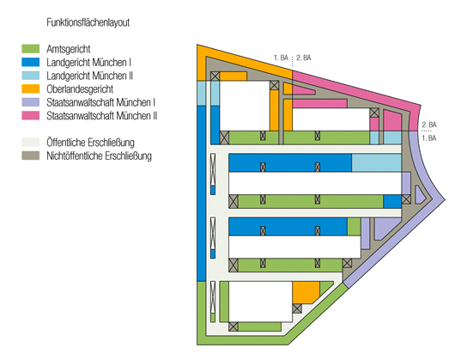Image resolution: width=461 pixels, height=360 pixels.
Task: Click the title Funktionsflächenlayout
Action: pyautogui.click(x=88, y=22)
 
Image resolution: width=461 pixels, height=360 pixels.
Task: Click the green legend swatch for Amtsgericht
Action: pyautogui.click(x=31, y=49)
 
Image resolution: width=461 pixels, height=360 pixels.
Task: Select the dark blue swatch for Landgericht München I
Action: pyautogui.click(x=31, y=62)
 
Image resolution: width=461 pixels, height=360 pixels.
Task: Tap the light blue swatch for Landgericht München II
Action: pyautogui.click(x=31, y=76)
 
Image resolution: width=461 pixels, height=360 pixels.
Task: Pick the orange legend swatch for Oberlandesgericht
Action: pyautogui.click(x=31, y=88)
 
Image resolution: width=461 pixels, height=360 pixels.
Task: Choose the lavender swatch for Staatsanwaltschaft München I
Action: pyautogui.click(x=31, y=102)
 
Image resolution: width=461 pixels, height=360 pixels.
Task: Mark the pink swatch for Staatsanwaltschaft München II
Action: pyautogui.click(x=31, y=116)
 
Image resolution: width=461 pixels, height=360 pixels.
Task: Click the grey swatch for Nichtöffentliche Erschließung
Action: pyautogui.click(x=31, y=156)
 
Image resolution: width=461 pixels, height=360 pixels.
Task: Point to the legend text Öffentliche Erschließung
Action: pyautogui.click(x=90, y=143)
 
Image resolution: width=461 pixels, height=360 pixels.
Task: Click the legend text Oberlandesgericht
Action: pyautogui.click(x=80, y=88)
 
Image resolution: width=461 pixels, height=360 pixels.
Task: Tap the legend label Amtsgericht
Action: pyautogui.click(x=68, y=49)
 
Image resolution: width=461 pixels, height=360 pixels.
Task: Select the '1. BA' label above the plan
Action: pyautogui.click(x=281, y=58)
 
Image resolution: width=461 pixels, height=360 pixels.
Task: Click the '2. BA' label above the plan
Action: pyautogui.click(x=304, y=58)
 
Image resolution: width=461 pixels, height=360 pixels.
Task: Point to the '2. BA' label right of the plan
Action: pyautogui.click(x=429, y=125)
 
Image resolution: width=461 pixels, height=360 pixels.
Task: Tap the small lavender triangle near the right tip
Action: pyautogui.click(x=419, y=195)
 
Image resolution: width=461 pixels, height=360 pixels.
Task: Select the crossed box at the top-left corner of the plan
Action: pyautogui.click(x=215, y=76)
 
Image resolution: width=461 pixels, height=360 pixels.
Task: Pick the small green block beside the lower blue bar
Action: pyautogui.click(x=354, y=227)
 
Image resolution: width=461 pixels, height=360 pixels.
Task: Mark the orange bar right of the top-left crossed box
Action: pyautogui.click(x=234, y=76)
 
